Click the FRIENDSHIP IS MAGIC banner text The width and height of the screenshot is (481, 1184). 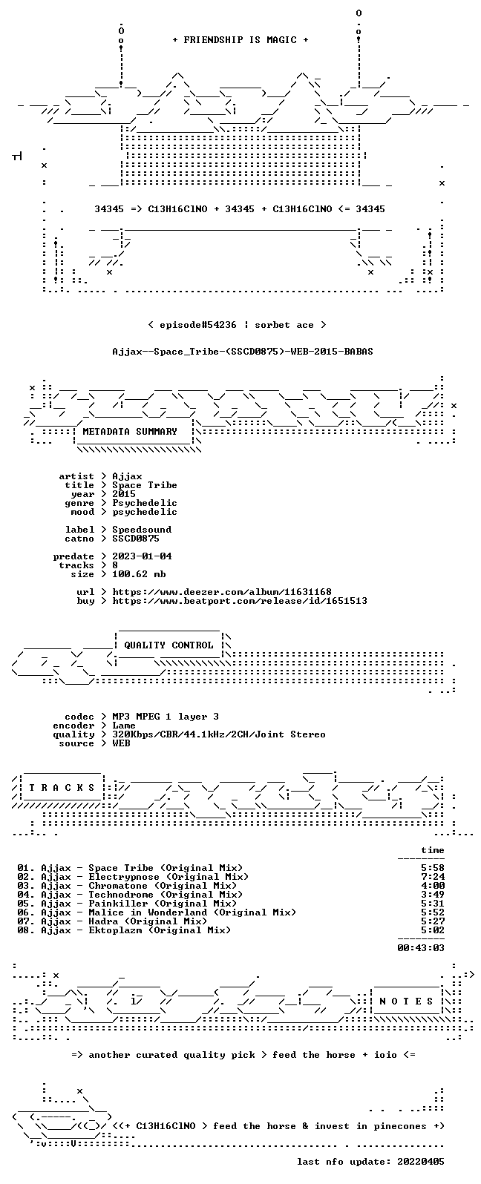pyautogui.click(x=240, y=40)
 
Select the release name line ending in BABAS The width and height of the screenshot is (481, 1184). pyautogui.click(x=242, y=352)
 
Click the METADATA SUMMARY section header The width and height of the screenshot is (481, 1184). pyautogui.click(x=130, y=432)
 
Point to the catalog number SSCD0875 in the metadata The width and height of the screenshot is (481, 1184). pyautogui.click(x=135, y=539)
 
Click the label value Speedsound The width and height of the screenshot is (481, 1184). pyautogui.click(x=142, y=530)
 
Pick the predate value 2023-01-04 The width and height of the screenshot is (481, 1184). pyautogui.click(x=142, y=556)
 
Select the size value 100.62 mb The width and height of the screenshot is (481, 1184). pyautogui.click(x=139, y=574)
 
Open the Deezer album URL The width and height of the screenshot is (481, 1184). pyautogui.click(x=222, y=592)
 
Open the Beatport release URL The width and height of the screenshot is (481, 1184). pyautogui.click(x=240, y=601)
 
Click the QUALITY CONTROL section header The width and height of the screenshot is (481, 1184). pyautogui.click(x=168, y=645)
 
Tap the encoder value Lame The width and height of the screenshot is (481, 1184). pyautogui.click(x=124, y=726)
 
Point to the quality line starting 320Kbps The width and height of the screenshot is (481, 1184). pyautogui.click(x=218, y=734)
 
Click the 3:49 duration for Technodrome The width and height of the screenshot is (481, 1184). pyautogui.click(x=433, y=895)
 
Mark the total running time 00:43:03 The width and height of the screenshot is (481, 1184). pyautogui.click(x=421, y=948)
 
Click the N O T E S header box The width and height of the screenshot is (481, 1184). pyautogui.click(x=406, y=1002)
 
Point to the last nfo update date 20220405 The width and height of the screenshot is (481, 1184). pyautogui.click(x=421, y=1162)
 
